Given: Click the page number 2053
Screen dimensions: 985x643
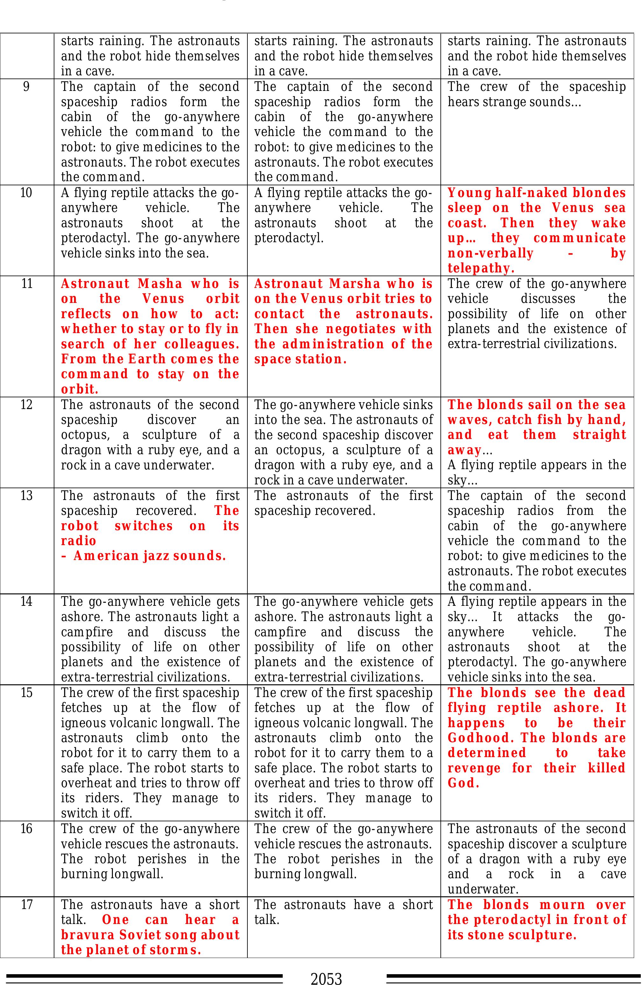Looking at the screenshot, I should tap(326, 978).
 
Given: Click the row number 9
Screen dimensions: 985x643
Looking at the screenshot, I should tap(26, 87).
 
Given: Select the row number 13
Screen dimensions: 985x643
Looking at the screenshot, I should tap(26, 496).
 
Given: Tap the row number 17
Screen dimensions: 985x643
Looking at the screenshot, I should tap(26, 905).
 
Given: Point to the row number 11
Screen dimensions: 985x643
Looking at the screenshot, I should tap(26, 284).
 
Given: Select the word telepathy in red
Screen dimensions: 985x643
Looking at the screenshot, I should tap(480, 269).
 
